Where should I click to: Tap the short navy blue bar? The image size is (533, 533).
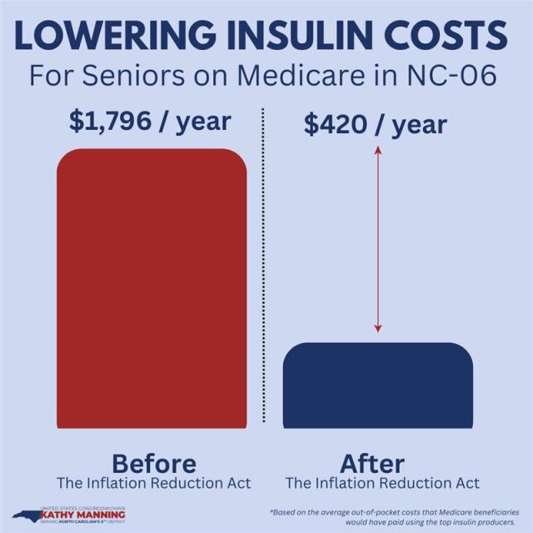tap(378, 384)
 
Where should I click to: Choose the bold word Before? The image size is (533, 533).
tap(154, 463)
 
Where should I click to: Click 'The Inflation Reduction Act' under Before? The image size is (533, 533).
tap(154, 483)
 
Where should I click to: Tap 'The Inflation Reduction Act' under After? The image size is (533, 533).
tap(382, 483)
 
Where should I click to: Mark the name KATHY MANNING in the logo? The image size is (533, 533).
tap(88, 515)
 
